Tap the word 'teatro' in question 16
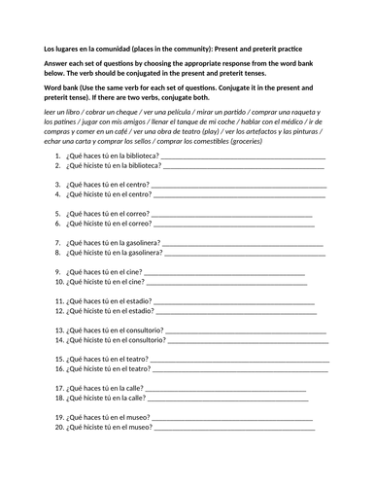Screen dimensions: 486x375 (x=138, y=370)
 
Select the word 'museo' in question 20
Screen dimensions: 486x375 (x=138, y=429)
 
